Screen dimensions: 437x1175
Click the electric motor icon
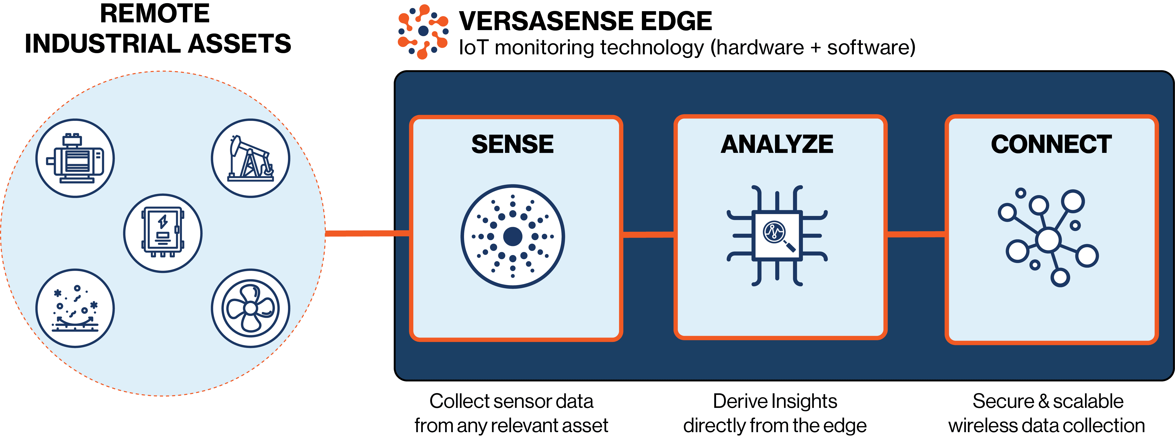(x=75, y=158)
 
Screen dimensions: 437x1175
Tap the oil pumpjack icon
(x=250, y=158)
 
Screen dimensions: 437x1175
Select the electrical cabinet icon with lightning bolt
(x=163, y=233)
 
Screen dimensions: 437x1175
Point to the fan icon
(x=250, y=308)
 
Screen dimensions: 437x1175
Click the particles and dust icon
(x=75, y=308)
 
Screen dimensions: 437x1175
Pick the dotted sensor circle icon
(x=513, y=236)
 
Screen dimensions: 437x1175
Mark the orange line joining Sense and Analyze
(x=648, y=235)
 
